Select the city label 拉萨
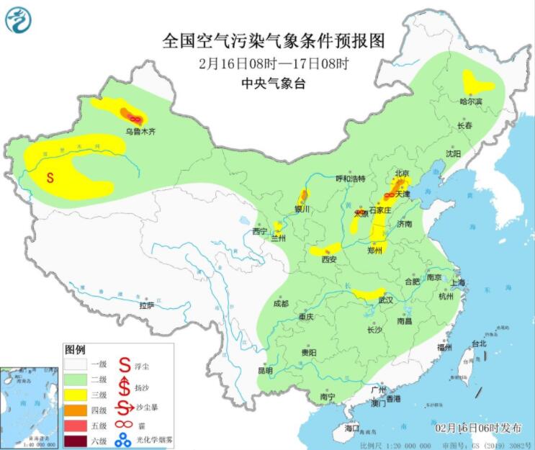(x=147, y=305)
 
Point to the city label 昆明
(x=265, y=370)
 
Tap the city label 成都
(x=281, y=303)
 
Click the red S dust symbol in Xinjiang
(x=50, y=177)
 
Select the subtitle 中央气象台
(x=273, y=84)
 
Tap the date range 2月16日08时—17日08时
(x=273, y=63)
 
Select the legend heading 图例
(x=75, y=349)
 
